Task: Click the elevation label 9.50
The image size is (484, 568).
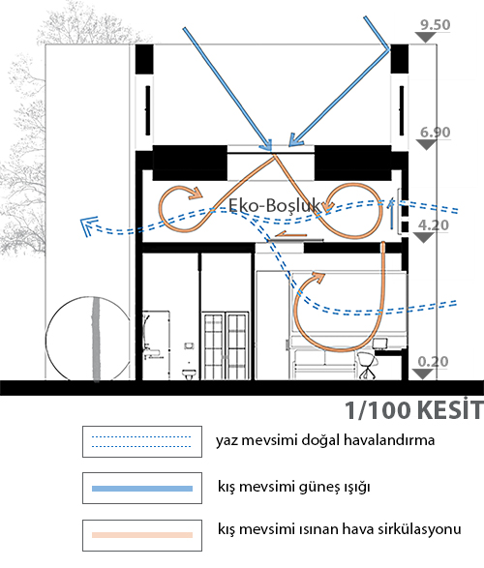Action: (435, 24)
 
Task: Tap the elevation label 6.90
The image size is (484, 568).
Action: (435, 133)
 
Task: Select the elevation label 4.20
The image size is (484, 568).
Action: (434, 225)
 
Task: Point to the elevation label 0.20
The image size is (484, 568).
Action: (433, 362)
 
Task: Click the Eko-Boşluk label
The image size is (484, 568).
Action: (275, 205)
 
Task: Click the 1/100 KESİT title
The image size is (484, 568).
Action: (413, 410)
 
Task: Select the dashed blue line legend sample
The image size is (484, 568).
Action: (141, 441)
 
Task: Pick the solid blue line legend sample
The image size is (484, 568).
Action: (142, 489)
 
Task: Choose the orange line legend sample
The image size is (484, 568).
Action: (142, 535)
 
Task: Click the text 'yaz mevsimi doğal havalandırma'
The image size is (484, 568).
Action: (325, 440)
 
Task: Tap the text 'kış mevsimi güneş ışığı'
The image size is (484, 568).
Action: (294, 487)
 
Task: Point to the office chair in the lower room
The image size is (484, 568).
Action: (368, 366)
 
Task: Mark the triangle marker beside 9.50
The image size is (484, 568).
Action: (425, 37)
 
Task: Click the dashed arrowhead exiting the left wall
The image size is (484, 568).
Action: (88, 225)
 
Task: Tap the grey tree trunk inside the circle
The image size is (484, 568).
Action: (96, 340)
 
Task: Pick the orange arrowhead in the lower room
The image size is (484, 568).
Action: (318, 277)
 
